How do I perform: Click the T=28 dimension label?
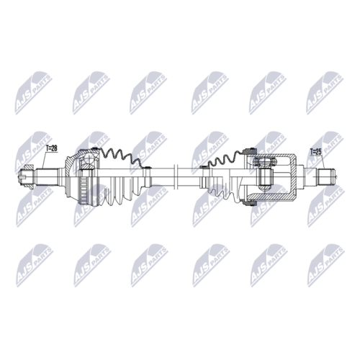[x=51, y=148]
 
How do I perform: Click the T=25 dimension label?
[x=316, y=152]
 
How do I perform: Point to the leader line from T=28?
[x=44, y=160]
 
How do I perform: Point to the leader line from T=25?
[x=323, y=162]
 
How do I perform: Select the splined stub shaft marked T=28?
[x=47, y=177]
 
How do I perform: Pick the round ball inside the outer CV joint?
[x=89, y=158]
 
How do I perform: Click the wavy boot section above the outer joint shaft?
[x=121, y=157]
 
